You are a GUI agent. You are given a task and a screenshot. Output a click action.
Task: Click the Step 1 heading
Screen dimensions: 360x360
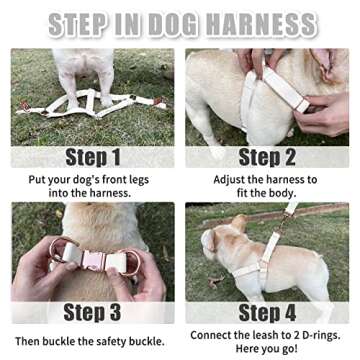[x=92, y=157]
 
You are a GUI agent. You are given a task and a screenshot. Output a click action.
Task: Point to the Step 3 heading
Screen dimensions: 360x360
[x=92, y=312]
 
